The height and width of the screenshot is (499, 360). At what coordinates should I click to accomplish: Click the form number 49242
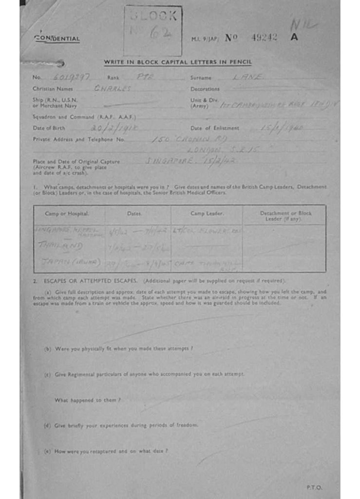click(x=264, y=38)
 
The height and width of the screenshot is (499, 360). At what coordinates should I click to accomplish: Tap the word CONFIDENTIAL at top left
click(x=57, y=38)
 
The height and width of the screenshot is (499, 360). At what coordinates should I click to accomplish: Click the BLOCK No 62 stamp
click(x=152, y=30)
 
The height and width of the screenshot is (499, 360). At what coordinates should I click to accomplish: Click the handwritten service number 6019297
click(x=67, y=77)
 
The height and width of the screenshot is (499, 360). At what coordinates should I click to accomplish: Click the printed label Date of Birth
click(x=49, y=128)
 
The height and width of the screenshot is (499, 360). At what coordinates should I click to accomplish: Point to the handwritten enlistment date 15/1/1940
click(x=282, y=128)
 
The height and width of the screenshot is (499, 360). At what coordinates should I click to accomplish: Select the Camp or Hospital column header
click(x=67, y=213)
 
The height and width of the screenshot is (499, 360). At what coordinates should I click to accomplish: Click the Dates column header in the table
click(x=134, y=213)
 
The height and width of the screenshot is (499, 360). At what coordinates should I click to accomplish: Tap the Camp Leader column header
click(x=207, y=213)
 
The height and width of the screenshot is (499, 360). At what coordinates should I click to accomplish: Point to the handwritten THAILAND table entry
click(x=60, y=246)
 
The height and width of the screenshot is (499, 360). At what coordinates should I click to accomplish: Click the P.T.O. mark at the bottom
click(x=314, y=487)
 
